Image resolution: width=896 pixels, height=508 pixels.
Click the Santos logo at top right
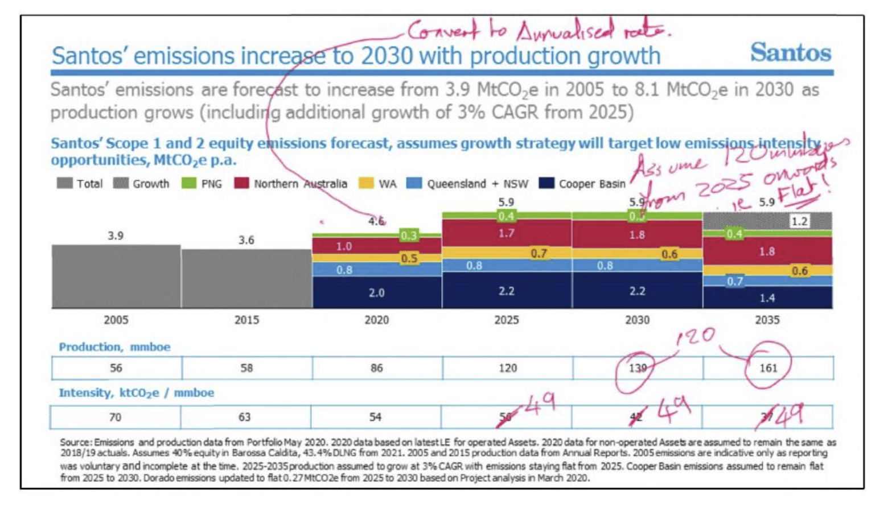point(790,52)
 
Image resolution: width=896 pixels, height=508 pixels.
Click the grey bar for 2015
point(246,278)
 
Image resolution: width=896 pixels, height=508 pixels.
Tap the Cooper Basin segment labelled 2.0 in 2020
point(376,292)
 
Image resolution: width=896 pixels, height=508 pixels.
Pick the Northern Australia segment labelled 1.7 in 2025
point(506,233)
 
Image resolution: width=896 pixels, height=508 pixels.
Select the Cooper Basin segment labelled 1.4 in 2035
point(767,298)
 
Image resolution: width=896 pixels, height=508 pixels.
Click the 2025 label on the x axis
point(506,320)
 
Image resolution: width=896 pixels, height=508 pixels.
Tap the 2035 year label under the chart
point(767,320)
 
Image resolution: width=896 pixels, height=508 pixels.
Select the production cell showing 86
point(376,368)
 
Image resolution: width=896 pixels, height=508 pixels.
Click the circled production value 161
point(768,367)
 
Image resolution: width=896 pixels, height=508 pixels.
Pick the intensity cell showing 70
point(115,417)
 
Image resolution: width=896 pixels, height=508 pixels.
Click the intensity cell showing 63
point(245,417)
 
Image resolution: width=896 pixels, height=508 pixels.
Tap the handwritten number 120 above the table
point(695,336)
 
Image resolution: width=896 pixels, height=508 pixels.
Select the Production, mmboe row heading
point(114,347)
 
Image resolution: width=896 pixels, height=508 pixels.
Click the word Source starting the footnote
point(75,442)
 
